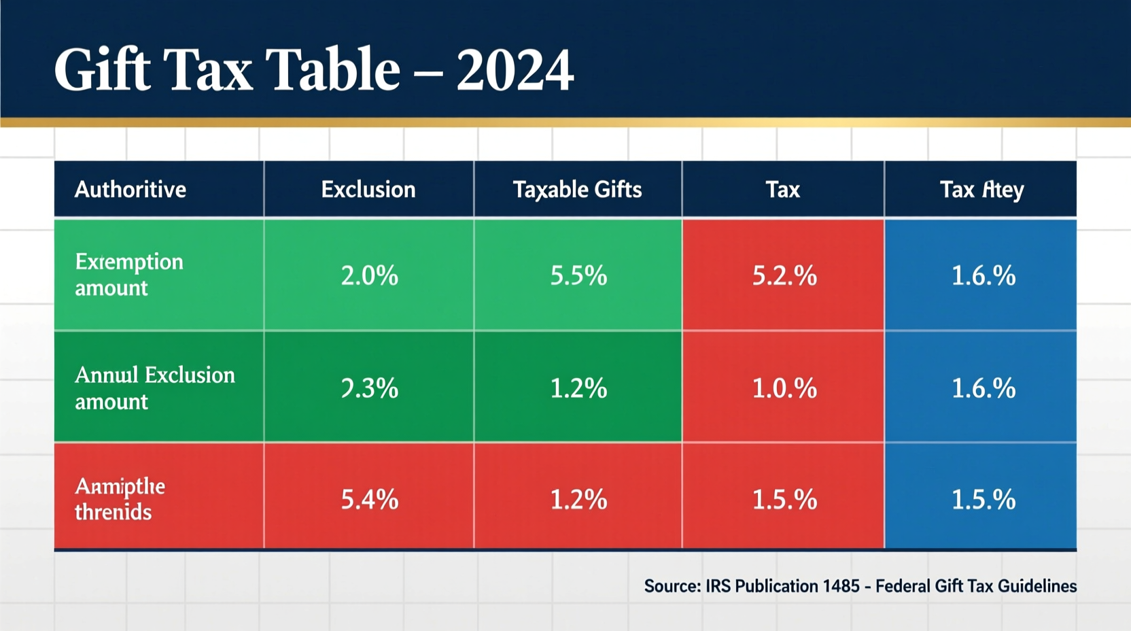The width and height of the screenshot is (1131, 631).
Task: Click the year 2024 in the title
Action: click(515, 70)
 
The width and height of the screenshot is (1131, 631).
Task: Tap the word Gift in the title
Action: click(102, 70)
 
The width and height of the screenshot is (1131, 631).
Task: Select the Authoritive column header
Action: click(130, 189)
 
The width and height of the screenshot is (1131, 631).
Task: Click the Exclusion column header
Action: click(368, 189)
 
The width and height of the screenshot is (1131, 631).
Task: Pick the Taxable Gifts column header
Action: click(577, 189)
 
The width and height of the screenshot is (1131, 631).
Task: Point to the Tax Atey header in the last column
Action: click(981, 189)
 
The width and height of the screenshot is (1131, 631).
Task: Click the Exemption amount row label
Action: click(128, 275)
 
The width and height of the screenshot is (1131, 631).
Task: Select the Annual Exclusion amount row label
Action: click(154, 388)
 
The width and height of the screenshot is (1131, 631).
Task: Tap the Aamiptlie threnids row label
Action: click(120, 498)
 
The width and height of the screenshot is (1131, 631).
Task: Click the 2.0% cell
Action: click(369, 275)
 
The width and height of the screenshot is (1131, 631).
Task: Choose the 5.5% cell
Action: click(578, 275)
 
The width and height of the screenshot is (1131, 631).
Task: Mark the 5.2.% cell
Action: click(784, 275)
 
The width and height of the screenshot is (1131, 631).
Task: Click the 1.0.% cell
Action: click(784, 388)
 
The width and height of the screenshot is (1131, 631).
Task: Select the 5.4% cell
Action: click(369, 500)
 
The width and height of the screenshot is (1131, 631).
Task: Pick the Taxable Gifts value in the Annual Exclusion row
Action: click(578, 388)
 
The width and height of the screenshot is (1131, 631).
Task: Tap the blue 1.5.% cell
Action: click(983, 500)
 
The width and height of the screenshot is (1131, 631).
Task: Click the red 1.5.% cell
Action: click(784, 500)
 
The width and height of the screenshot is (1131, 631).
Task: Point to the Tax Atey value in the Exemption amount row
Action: click(983, 275)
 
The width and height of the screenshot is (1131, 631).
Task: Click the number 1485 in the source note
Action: click(841, 586)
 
